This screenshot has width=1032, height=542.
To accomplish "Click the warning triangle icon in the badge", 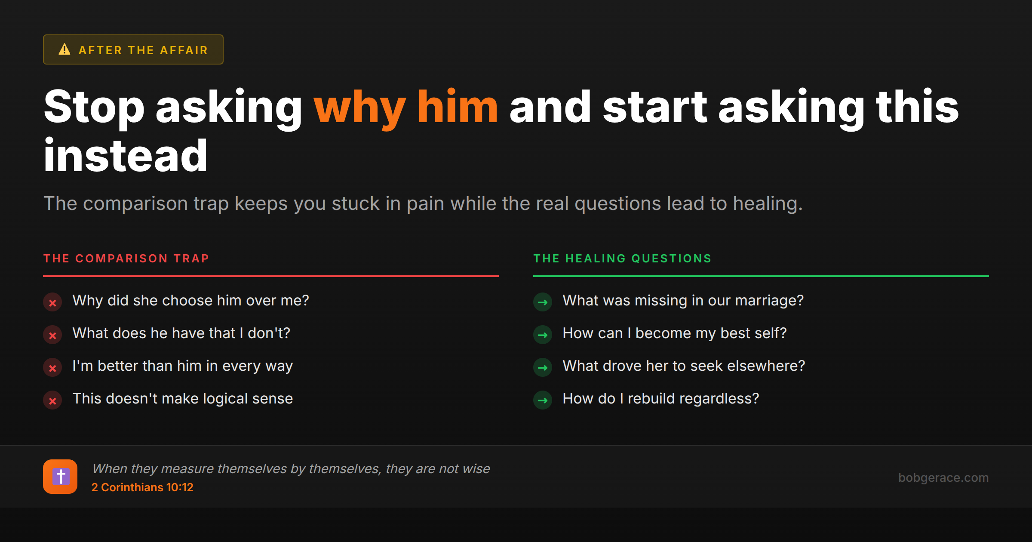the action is click(x=64, y=49).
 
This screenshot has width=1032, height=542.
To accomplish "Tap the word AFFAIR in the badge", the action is click(x=184, y=50).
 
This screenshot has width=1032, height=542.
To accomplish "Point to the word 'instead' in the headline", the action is click(x=126, y=155).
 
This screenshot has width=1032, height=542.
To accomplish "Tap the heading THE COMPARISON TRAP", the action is click(x=126, y=259).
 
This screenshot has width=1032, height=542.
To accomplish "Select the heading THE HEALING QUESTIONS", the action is click(x=622, y=259).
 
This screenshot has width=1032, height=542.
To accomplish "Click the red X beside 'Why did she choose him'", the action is click(x=52, y=302).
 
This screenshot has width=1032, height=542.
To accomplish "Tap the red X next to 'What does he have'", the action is click(x=52, y=335).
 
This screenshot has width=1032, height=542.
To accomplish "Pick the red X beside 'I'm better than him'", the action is click(x=52, y=368).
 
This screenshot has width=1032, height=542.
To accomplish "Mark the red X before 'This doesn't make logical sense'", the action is click(x=52, y=400).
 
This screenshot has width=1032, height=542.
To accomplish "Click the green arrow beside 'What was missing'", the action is click(x=543, y=302).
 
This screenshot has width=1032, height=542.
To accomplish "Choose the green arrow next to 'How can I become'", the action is click(x=543, y=335).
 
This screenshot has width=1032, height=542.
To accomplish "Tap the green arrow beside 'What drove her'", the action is click(x=543, y=368).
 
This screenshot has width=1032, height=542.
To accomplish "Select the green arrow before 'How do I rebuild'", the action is click(x=543, y=400).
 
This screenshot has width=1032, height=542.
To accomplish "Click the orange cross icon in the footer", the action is click(x=60, y=477).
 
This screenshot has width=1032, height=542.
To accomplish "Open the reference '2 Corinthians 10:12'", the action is click(x=142, y=487).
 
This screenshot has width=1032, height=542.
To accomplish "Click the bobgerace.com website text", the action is click(x=943, y=477).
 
